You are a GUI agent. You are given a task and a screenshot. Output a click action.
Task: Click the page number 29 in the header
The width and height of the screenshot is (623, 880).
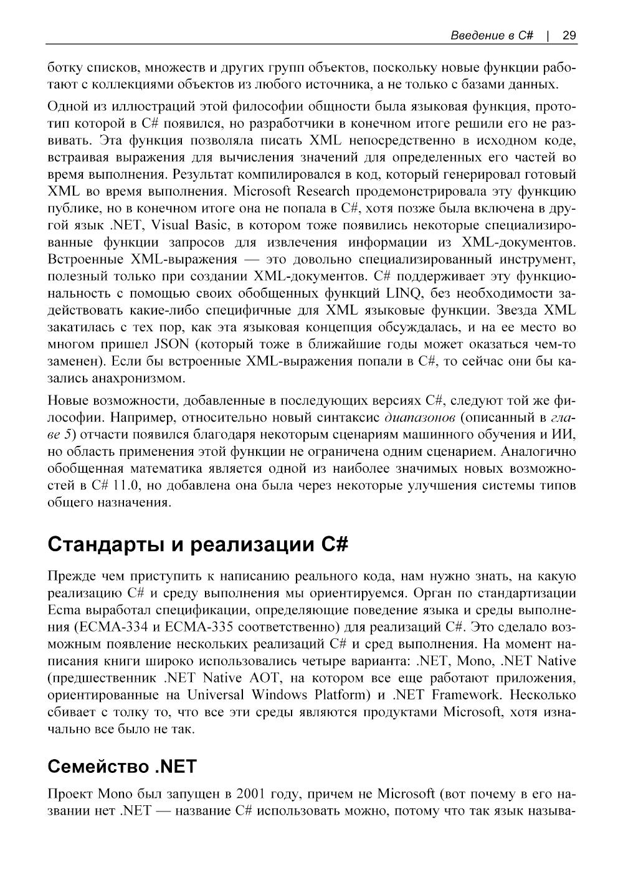[569, 35]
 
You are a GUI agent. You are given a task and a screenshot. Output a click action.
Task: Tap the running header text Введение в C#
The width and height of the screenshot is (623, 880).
[492, 35]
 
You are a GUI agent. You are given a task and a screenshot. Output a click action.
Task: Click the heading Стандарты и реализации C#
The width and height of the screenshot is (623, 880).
[197, 544]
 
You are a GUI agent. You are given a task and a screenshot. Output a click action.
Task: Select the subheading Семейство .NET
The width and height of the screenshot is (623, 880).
[122, 765]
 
